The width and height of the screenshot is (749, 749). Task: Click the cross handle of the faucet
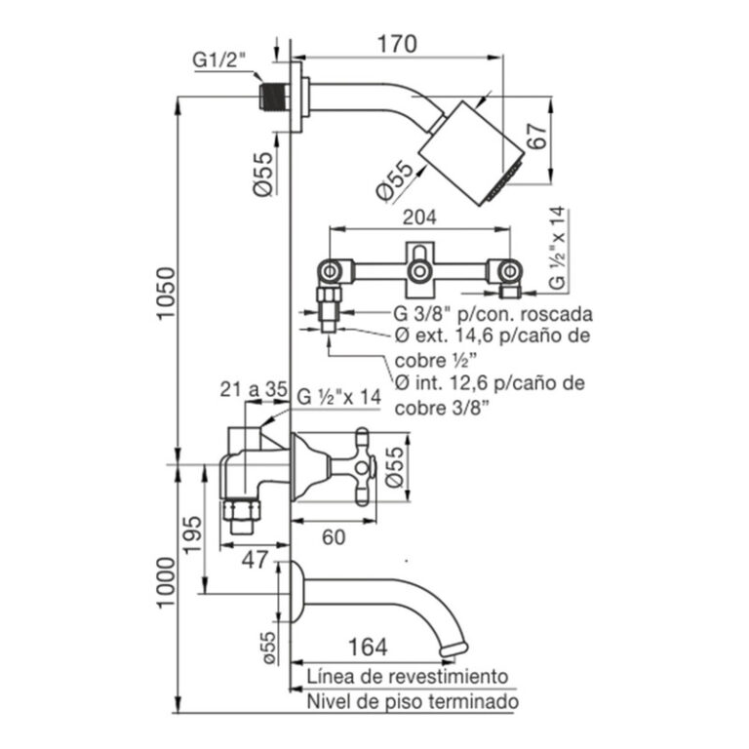(363, 465)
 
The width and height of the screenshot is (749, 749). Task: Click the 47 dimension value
(255, 559)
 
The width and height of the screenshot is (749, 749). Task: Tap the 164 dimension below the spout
(367, 646)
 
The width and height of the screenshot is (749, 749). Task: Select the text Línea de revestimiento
(407, 676)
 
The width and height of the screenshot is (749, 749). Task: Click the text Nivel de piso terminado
(412, 701)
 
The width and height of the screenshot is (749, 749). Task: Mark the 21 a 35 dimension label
(252, 390)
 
